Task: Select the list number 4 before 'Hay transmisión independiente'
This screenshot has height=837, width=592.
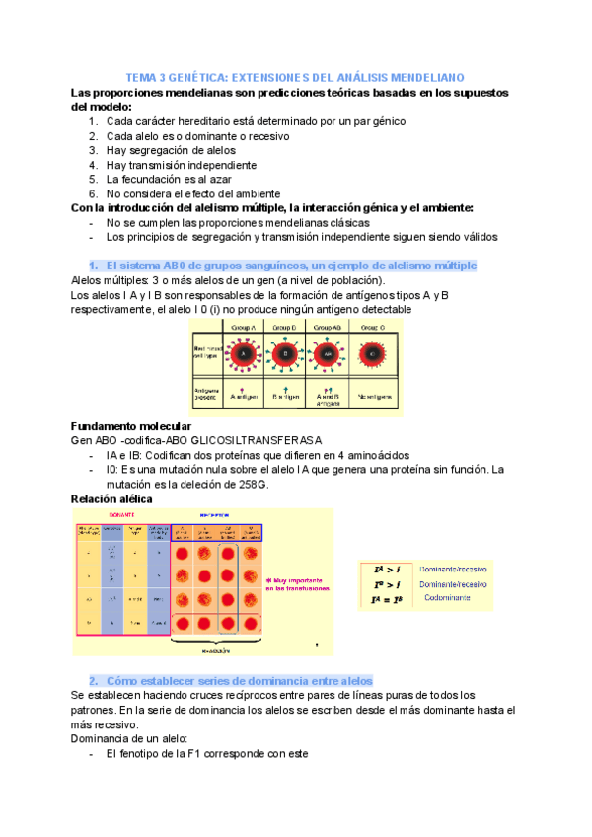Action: (x=92, y=165)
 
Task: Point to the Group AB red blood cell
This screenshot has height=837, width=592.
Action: (x=326, y=353)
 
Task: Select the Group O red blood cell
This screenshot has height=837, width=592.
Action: (x=373, y=353)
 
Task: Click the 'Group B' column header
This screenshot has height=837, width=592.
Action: (x=285, y=326)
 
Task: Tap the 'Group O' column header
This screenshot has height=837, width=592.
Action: (x=373, y=326)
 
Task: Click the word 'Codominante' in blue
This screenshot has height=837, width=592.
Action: (x=454, y=598)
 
